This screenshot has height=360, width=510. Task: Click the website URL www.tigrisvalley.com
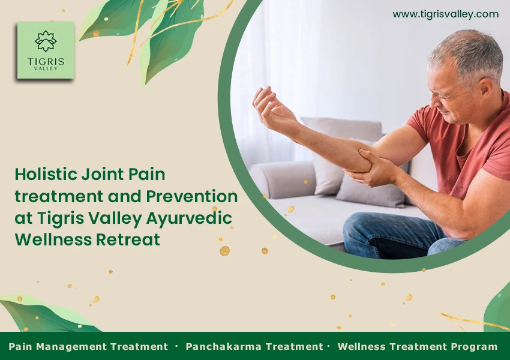(x=445, y=14)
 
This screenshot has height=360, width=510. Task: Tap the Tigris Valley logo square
(x=46, y=50)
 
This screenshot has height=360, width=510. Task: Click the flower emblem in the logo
(x=46, y=40)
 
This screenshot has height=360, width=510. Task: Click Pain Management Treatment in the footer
(x=88, y=346)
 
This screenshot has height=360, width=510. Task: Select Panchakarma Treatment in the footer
(x=254, y=346)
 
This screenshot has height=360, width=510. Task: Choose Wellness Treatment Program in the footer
(x=418, y=346)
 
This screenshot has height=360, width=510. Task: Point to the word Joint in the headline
(x=100, y=175)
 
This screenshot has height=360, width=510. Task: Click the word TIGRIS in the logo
(x=46, y=61)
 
